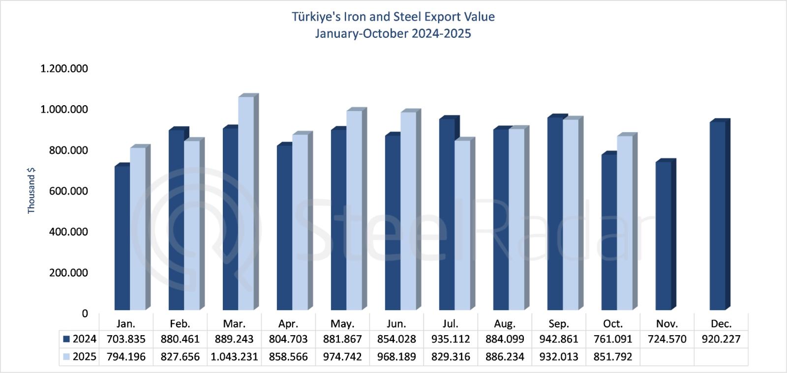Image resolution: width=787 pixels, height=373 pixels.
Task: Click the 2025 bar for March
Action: pos(246,204)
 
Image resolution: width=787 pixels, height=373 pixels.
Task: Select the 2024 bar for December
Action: pos(718,216)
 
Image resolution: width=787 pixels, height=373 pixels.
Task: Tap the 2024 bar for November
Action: pos(664,236)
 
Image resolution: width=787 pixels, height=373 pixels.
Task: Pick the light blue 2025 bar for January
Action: pos(138,229)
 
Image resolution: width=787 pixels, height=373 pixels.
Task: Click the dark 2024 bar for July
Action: pos(447,214)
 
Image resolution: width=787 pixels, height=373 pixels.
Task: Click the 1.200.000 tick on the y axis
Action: pos(64,69)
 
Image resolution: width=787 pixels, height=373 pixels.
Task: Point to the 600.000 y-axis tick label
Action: pos(68,191)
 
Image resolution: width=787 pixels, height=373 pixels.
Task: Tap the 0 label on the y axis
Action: pos(85,314)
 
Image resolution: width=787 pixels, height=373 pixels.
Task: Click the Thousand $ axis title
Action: pos(31,191)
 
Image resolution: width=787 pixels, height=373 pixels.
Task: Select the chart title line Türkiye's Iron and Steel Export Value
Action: pos(393,17)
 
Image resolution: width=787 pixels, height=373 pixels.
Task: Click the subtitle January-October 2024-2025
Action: pos(393,33)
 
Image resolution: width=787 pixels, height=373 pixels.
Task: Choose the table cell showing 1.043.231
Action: pos(234,357)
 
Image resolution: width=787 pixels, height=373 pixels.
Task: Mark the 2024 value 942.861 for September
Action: pos(559,339)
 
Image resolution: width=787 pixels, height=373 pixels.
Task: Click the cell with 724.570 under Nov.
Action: pos(667,339)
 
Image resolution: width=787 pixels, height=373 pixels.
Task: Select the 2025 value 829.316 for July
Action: pos(451,357)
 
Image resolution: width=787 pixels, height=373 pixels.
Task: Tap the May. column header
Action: pos(342,324)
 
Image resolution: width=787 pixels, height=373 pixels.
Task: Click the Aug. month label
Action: pos(505,324)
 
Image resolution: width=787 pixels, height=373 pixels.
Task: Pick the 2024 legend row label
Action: pos(84,339)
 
